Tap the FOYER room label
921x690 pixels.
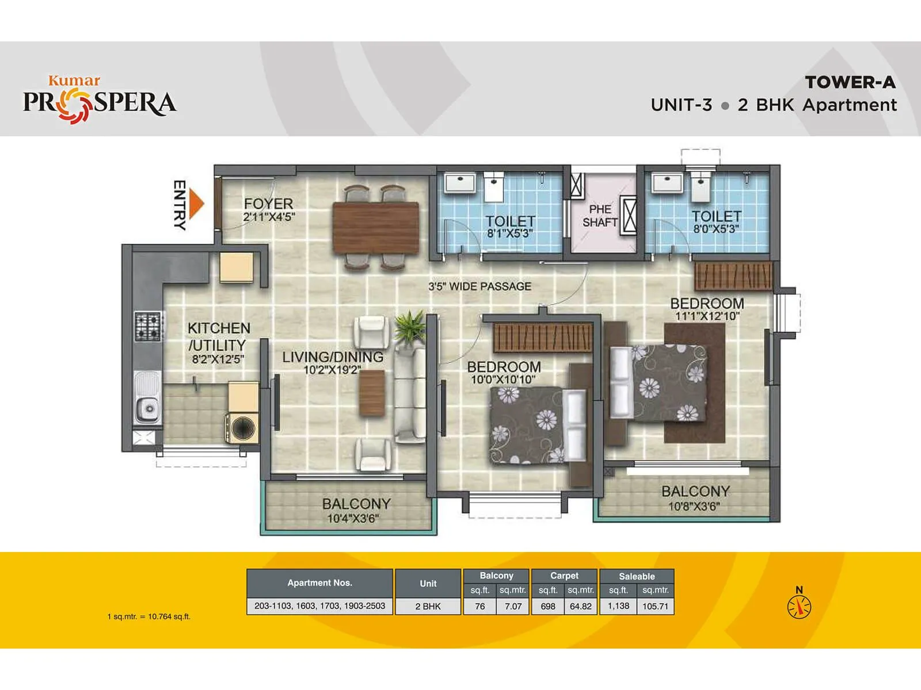tap(268, 204)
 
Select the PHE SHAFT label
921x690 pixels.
tap(600, 216)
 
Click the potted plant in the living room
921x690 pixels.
tap(409, 327)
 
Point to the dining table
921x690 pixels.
tap(375, 228)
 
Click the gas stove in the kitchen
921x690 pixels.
tap(147, 326)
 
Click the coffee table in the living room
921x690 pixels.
tap(372, 393)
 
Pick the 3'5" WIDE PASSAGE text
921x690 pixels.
tap(479, 286)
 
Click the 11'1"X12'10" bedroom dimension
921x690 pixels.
tap(707, 316)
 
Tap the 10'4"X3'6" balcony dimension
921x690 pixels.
tap(353, 519)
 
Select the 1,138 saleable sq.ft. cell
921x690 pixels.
tap(618, 606)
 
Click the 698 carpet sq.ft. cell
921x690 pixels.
tap(548, 606)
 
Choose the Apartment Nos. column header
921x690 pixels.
tap(319, 583)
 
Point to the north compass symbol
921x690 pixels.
tap(799, 605)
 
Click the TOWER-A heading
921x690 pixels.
tap(850, 83)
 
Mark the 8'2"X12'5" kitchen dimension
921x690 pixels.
tap(218, 360)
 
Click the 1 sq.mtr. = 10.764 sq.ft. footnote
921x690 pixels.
tap(149, 616)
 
